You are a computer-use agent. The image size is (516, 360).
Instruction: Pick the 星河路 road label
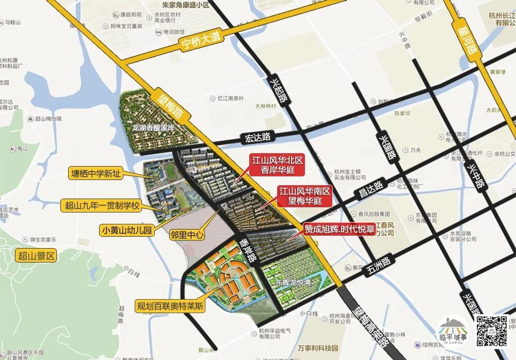(468, 33)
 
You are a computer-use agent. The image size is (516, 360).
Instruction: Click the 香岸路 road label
(248, 252)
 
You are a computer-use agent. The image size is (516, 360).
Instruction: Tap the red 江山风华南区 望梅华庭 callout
(304, 196)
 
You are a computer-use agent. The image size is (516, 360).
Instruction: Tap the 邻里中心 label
(187, 235)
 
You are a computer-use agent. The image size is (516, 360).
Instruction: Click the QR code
(490, 330)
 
